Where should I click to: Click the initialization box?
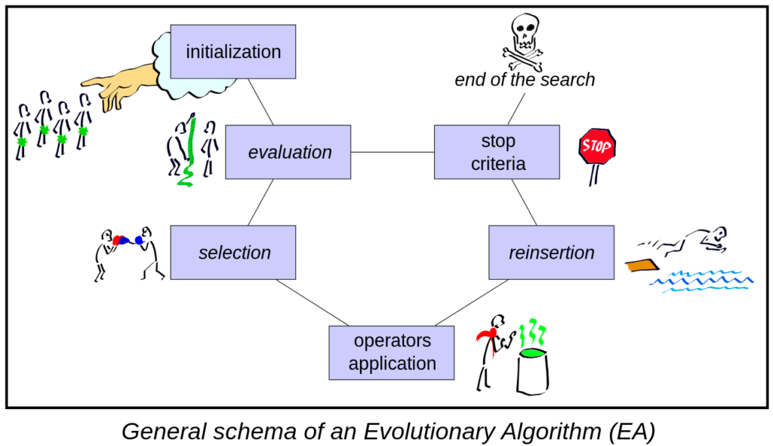pos(233,52)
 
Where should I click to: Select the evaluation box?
pos(288,152)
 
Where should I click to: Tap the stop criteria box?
pos(497,152)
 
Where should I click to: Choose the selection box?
pos(233,252)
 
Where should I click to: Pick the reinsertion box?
pos(552,252)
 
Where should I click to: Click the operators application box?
pos(392,353)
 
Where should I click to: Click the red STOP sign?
pos(597,146)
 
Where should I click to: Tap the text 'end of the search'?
pos(525,79)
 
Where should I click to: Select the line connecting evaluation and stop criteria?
pos(393,152)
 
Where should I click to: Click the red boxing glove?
pos(117,240)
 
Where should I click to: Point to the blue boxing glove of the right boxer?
pos(139,240)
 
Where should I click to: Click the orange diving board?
pos(642,266)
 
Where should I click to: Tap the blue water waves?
pos(702,281)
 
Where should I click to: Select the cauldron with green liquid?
pos(532,370)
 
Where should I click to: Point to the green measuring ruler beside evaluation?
pos(188,150)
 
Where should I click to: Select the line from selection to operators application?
pos(313,303)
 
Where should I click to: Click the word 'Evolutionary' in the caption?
pos(430,431)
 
